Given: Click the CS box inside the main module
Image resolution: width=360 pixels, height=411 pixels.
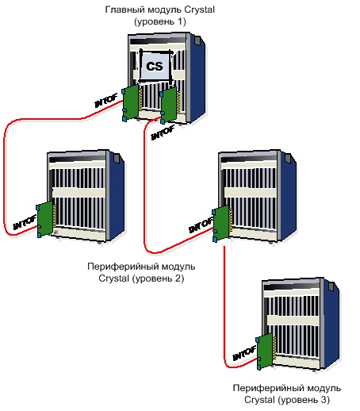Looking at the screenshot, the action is pyautogui.click(x=155, y=66).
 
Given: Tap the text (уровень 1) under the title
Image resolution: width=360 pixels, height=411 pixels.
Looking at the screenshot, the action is pyautogui.click(x=160, y=21).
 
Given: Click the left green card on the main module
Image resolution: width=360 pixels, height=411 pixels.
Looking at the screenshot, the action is pyautogui.click(x=131, y=102).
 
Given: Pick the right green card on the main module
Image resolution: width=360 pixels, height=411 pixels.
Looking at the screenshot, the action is pyautogui.click(x=169, y=105).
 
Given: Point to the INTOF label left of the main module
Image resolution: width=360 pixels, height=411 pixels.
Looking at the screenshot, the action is pyautogui.click(x=105, y=101).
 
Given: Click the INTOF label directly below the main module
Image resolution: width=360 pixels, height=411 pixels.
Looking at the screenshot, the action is pyautogui.click(x=163, y=133).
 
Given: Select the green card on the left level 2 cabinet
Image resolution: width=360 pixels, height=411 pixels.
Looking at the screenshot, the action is pyautogui.click(x=45, y=219).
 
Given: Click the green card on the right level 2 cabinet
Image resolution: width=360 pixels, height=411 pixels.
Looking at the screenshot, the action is pyautogui.click(x=221, y=224).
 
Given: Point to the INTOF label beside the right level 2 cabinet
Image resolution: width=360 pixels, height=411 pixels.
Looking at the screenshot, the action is pyautogui.click(x=201, y=225).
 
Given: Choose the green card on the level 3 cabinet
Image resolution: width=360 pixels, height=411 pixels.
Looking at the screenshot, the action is pyautogui.click(x=265, y=351).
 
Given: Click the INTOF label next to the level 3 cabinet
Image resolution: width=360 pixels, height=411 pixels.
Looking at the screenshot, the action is pyautogui.click(x=244, y=353).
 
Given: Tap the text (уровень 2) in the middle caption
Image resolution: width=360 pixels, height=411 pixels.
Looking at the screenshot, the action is pyautogui.click(x=158, y=278).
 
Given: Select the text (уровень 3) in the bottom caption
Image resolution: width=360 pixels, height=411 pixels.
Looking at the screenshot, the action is pyautogui.click(x=304, y=400).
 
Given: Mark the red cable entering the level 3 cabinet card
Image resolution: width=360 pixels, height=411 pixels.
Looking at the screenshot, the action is pyautogui.click(x=224, y=317).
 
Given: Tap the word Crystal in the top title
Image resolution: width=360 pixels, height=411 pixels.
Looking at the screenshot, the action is pyautogui.click(x=199, y=10).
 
